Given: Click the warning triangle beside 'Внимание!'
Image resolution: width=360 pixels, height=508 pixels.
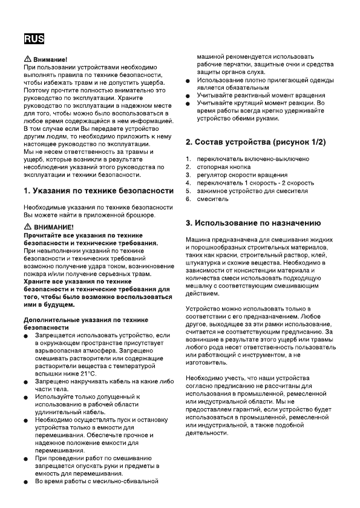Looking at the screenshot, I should (27, 59).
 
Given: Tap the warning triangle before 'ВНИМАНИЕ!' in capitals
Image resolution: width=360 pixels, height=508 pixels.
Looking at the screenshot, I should (27, 226).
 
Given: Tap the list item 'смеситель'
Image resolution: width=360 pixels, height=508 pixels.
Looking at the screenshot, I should (212, 199).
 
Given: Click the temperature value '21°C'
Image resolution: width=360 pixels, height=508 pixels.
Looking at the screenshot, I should (87, 374).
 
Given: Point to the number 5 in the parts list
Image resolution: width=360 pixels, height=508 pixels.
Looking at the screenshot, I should (188, 191).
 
